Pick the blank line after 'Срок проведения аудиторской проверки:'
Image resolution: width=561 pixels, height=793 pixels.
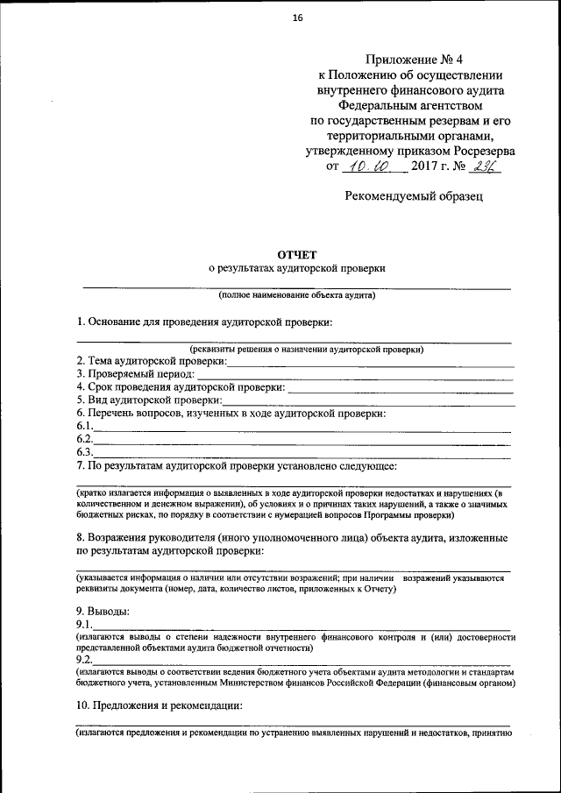(400, 387)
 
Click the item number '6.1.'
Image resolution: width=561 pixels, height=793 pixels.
(85, 426)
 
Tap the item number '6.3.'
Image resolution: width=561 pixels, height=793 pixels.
(85, 452)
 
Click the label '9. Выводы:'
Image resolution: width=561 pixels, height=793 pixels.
(103, 611)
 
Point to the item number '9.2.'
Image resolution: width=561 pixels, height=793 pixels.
(85, 659)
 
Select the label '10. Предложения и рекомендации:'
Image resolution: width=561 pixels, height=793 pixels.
(160, 706)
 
